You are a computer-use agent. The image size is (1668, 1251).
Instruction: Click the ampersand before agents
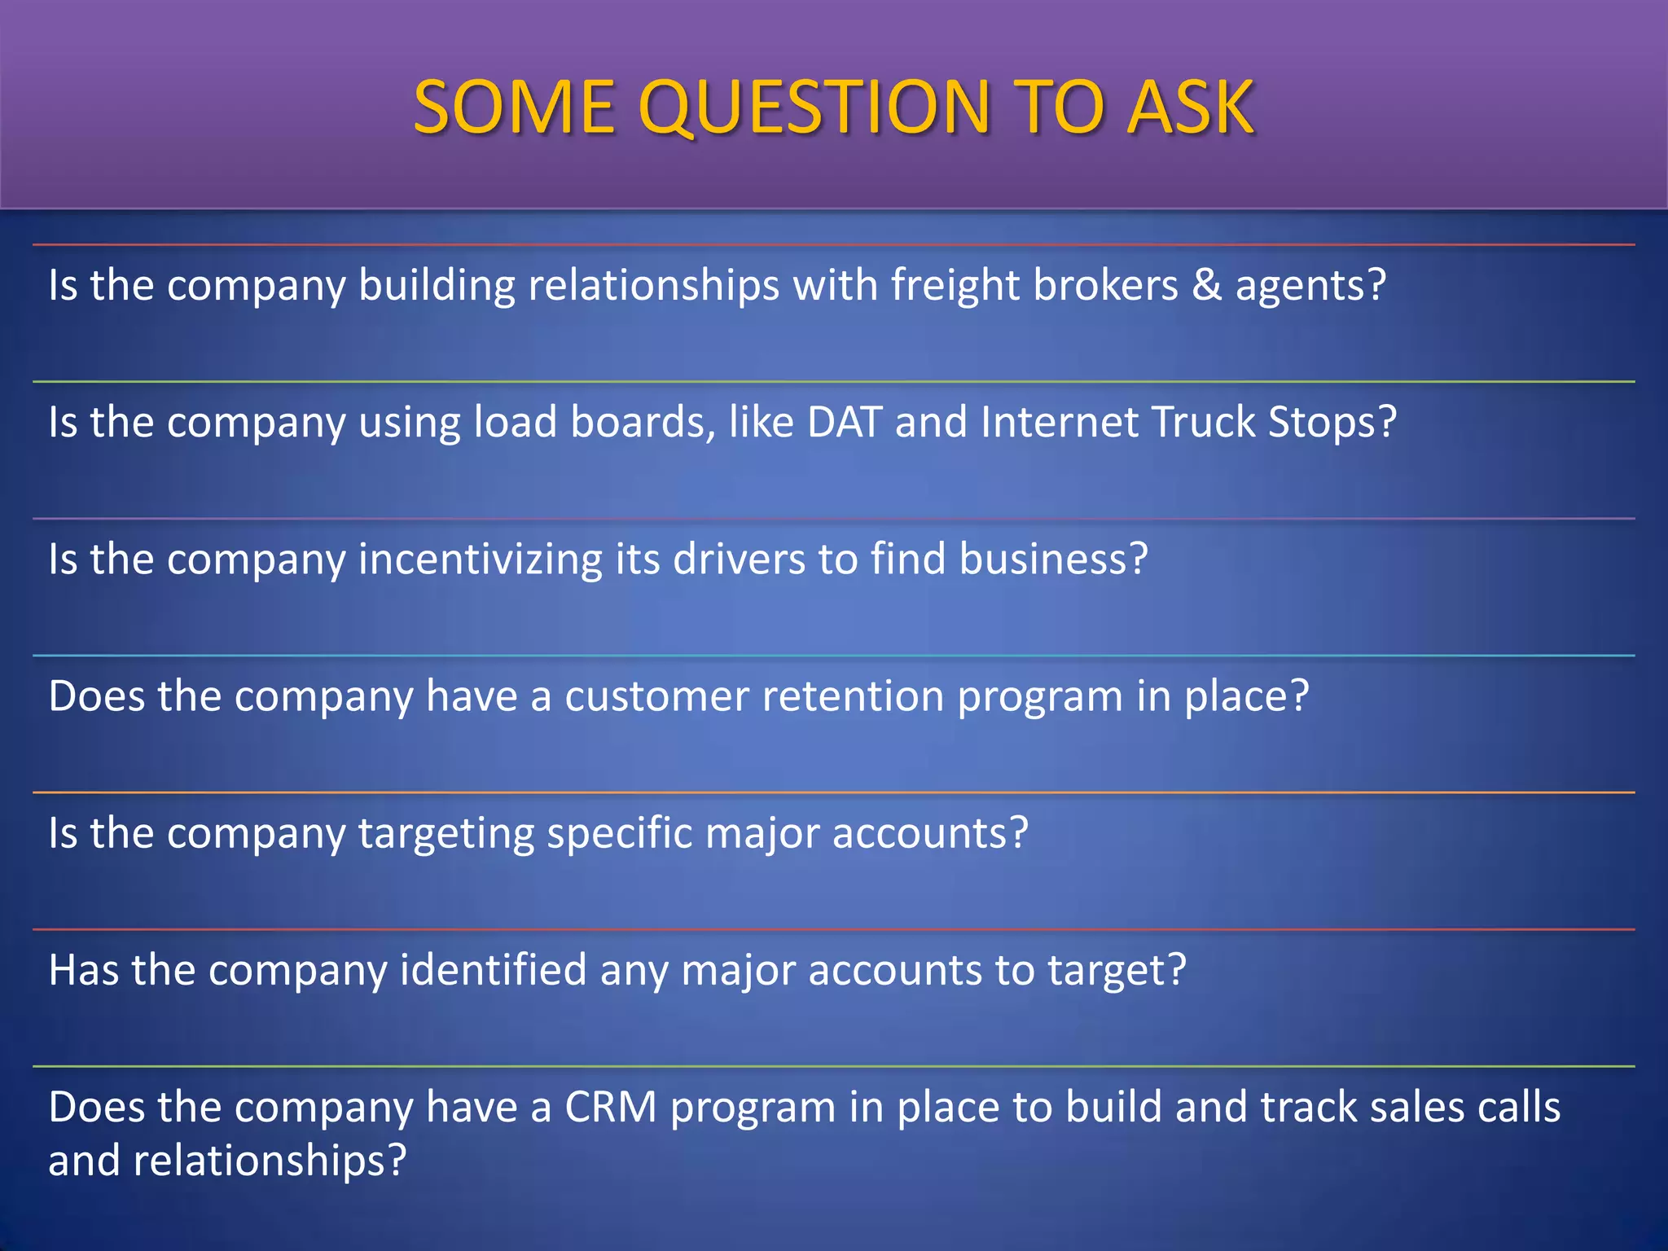[1207, 285]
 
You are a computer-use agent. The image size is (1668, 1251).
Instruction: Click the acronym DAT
[845, 422]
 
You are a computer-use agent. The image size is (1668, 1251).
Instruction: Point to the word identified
[493, 970]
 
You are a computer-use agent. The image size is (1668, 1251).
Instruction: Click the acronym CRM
[610, 1108]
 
